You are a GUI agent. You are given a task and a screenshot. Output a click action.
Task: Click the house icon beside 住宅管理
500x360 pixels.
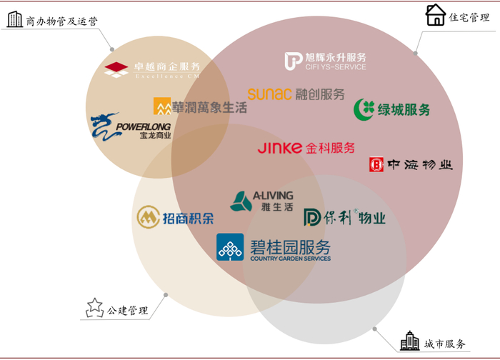tap(436, 15)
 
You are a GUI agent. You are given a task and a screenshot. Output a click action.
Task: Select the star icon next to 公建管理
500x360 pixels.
tap(94, 308)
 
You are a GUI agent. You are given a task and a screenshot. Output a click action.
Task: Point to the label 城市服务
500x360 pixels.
tap(444, 344)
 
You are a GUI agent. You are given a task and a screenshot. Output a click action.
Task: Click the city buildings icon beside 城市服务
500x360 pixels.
tap(409, 341)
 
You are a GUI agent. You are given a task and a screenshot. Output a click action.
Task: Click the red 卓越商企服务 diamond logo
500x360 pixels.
tap(116, 69)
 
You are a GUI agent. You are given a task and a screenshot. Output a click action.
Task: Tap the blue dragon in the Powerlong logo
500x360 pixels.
tap(102, 126)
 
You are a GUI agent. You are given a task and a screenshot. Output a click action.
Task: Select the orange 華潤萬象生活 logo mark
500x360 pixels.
tap(161, 106)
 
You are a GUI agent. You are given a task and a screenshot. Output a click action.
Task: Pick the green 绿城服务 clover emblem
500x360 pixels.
tap(366, 109)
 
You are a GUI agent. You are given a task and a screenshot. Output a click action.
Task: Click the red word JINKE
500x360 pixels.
tap(280, 149)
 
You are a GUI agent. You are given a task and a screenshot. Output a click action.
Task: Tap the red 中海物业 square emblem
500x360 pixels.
tap(376, 165)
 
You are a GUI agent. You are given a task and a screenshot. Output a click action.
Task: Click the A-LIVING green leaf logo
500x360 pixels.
tap(241, 202)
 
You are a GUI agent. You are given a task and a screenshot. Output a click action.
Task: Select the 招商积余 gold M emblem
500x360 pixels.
tap(148, 218)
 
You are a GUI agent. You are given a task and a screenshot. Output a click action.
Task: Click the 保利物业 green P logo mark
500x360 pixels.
tap(314, 217)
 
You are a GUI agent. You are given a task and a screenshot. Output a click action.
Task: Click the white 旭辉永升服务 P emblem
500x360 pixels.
tap(293, 61)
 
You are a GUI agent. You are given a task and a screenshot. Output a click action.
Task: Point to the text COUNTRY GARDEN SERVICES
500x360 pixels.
tap(290, 259)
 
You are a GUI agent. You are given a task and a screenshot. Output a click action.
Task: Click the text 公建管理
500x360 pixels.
tap(128, 311)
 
